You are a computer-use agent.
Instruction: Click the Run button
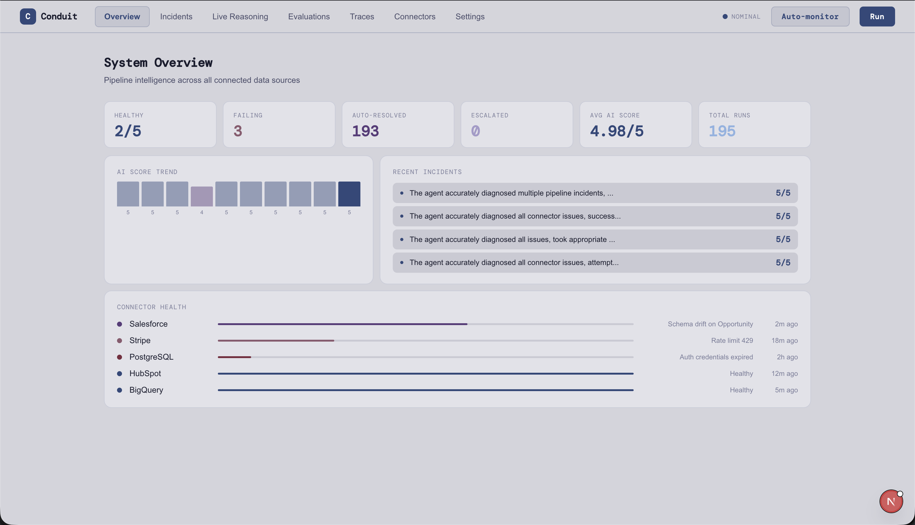click(x=877, y=17)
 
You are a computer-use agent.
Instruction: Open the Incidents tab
click(x=176, y=17)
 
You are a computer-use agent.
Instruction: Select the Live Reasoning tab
click(x=240, y=17)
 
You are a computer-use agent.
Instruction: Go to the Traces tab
click(x=362, y=17)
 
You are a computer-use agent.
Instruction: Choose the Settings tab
click(x=470, y=17)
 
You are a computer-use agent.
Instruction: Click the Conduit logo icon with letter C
click(x=28, y=17)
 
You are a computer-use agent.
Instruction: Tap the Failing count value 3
click(x=238, y=131)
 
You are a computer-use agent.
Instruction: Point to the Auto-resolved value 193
click(x=365, y=131)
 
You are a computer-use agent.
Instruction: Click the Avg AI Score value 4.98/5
click(x=617, y=131)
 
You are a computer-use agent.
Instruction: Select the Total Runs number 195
click(x=722, y=131)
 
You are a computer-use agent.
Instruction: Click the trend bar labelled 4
click(x=202, y=196)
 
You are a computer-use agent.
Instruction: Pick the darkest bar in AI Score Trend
click(x=349, y=194)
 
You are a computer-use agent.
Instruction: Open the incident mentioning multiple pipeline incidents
click(x=595, y=193)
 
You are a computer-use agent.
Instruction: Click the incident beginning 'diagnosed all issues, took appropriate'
click(x=595, y=239)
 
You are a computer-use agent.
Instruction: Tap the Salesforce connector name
click(x=148, y=324)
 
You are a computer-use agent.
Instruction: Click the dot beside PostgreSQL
click(x=120, y=357)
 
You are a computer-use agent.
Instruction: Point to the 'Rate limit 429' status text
click(x=732, y=340)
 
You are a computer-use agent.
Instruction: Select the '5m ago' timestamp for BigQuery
click(x=786, y=390)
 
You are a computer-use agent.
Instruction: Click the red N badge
click(x=891, y=501)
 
